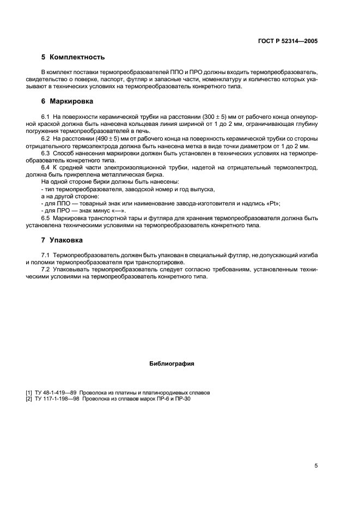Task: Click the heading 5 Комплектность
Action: point(73,57)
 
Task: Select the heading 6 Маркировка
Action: point(68,101)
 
